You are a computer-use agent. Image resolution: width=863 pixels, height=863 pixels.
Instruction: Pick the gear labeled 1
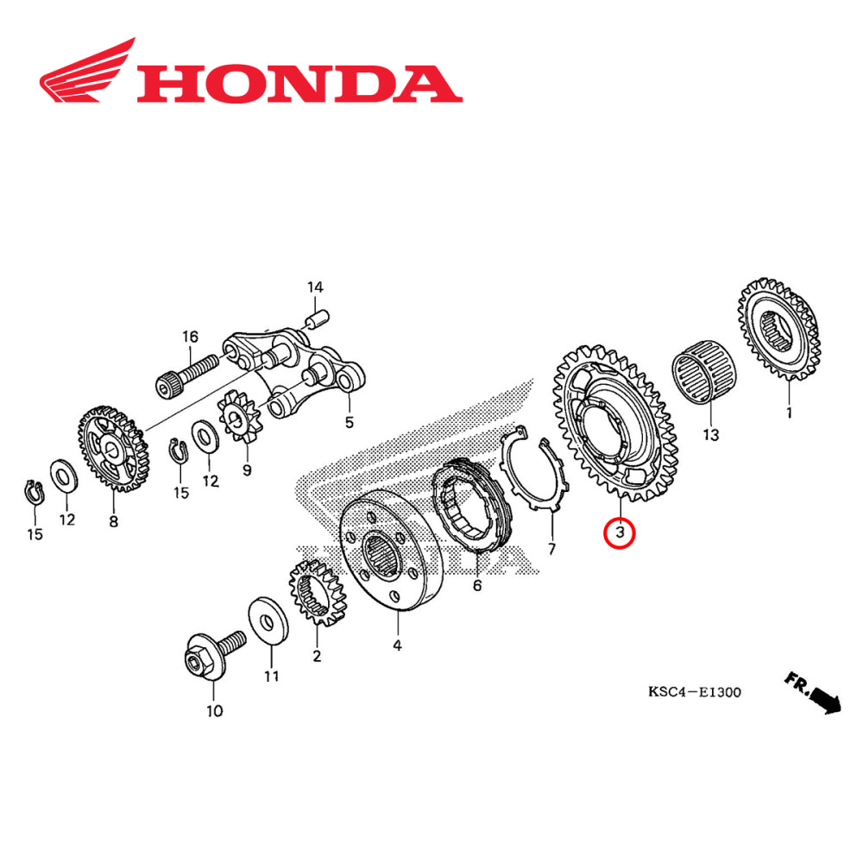point(778,331)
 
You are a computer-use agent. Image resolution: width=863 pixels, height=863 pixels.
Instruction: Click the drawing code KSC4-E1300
point(695,692)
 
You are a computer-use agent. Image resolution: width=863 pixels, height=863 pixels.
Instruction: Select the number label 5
point(349,423)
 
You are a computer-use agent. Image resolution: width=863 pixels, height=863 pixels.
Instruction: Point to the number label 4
point(397,645)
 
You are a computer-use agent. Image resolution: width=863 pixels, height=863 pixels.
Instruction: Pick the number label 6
point(476,586)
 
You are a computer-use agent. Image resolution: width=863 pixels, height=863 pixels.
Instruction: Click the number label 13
point(710,435)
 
